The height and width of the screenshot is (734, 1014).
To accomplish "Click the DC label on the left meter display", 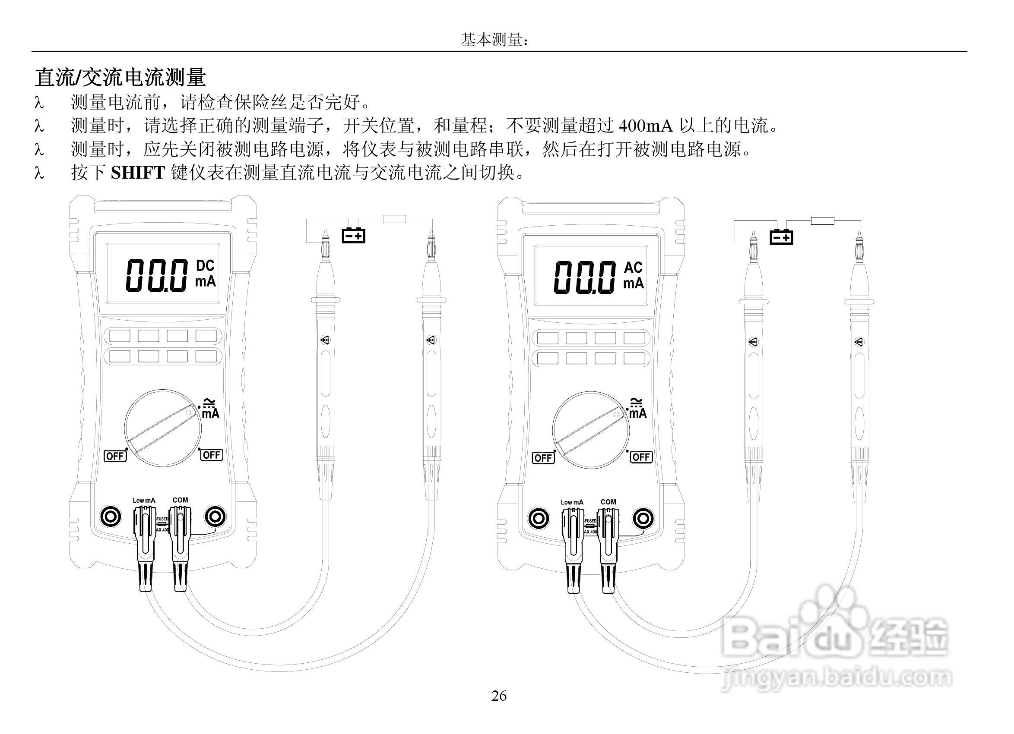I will pos(205,266).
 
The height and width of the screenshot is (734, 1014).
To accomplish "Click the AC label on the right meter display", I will pos(633,268).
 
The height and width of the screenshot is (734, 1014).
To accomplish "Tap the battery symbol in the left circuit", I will pos(353,235).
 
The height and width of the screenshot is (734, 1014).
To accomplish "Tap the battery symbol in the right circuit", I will pos(781,237).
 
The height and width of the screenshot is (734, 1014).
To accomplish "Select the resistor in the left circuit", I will pos(394,219).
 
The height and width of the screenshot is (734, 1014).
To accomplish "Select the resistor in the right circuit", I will pos(822,221).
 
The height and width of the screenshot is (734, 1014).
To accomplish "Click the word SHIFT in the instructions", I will pos(138,173).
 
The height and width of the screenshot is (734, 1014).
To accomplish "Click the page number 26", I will pos(499,696).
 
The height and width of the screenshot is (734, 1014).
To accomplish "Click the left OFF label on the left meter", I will pos(115,456).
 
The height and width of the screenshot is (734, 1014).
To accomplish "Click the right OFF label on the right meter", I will pos(641,457).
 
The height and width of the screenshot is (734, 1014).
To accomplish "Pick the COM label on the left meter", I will pos(180,500).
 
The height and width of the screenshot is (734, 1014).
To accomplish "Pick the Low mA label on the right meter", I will pos(572,502).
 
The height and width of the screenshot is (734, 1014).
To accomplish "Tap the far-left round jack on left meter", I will pos(110,517).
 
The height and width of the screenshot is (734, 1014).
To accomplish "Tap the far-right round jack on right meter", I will pos(643,519).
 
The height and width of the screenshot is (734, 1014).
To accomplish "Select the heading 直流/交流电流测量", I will pos(120,77).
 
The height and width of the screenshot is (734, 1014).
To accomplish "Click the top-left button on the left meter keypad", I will pos(119,336).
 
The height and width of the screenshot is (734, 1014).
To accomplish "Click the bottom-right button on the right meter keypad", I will pos(634,358).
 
